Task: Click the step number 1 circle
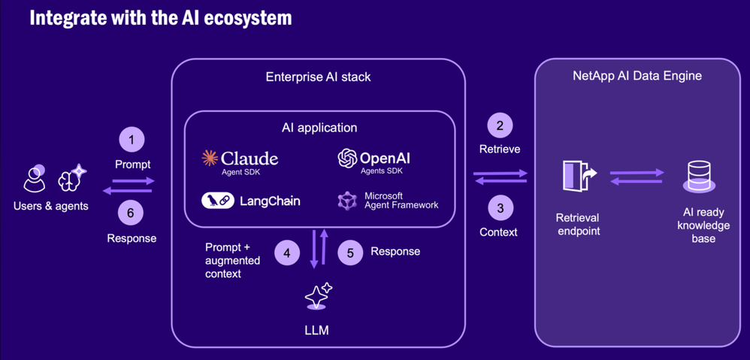(132, 140)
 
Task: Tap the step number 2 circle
(500, 126)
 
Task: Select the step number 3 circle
(500, 208)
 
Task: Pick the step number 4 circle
(286, 253)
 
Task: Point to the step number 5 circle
(349, 253)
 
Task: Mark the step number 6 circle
(131, 213)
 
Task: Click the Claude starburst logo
(210, 158)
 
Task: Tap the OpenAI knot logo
(347, 158)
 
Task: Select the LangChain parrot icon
(218, 201)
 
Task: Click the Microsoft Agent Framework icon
(346, 201)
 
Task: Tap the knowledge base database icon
(699, 177)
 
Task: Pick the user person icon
(35, 179)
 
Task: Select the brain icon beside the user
(72, 178)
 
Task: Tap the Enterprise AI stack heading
(318, 77)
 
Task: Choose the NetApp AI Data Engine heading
(637, 76)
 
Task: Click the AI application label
(319, 128)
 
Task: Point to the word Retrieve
(500, 149)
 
